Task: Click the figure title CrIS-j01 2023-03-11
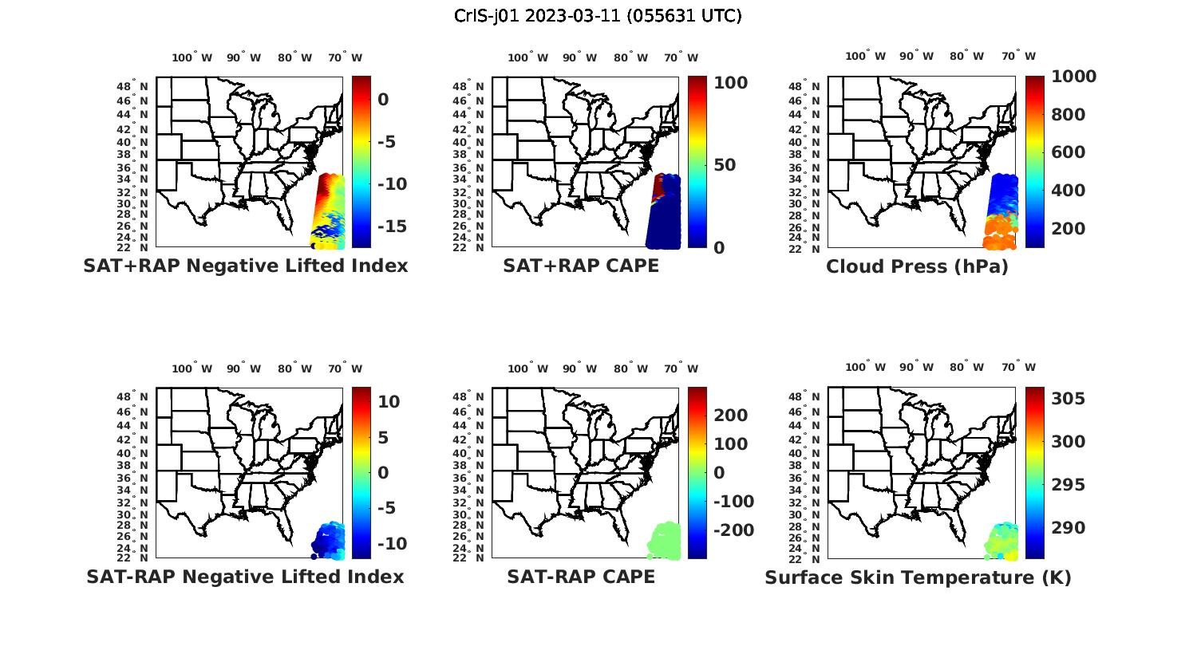[x=598, y=15]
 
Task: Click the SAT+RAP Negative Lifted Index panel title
[x=245, y=266]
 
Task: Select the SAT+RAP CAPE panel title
[x=581, y=266]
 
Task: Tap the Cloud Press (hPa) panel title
[x=917, y=266]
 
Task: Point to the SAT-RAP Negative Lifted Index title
[x=245, y=577]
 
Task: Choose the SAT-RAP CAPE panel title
[x=581, y=577]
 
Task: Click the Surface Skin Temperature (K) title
[x=918, y=577]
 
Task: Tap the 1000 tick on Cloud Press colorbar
[x=1073, y=77]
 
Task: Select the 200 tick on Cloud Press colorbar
[x=1069, y=228]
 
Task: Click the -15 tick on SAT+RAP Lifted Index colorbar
[x=392, y=227]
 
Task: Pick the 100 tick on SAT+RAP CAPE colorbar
[x=729, y=83]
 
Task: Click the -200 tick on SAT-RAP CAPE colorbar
[x=732, y=530]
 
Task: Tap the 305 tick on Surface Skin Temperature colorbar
[x=1069, y=399]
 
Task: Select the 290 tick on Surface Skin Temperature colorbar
[x=1069, y=528]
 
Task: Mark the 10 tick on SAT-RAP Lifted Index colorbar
[x=389, y=401]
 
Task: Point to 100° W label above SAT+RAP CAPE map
[x=527, y=57]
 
